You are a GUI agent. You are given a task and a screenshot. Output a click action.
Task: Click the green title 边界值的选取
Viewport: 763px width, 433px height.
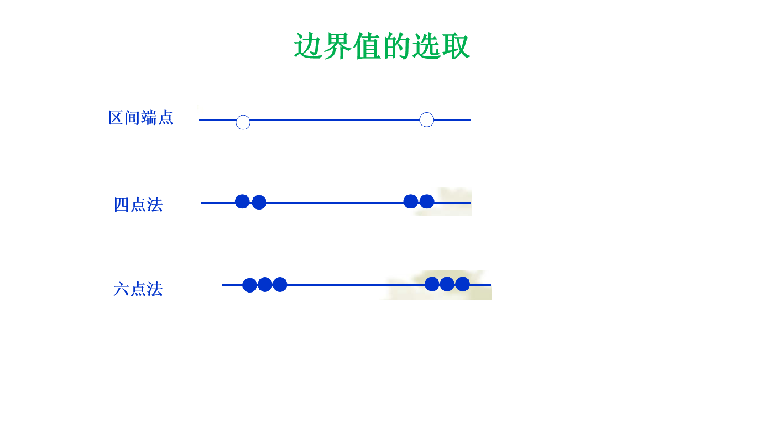tap(381, 46)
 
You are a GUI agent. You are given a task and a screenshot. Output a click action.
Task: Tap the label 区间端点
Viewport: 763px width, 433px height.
tap(141, 118)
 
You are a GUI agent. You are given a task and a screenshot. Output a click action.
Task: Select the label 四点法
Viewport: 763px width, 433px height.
tap(138, 205)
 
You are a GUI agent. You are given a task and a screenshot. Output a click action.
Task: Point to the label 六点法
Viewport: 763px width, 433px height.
tap(138, 289)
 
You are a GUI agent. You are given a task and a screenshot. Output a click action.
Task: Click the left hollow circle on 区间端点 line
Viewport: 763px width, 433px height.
tap(243, 122)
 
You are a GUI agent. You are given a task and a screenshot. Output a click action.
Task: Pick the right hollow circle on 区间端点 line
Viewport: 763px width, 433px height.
tap(426, 119)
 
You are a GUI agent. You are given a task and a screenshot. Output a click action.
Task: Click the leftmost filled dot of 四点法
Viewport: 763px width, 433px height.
tap(242, 201)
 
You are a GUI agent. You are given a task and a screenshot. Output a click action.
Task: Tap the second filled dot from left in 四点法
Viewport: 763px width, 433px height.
tap(259, 202)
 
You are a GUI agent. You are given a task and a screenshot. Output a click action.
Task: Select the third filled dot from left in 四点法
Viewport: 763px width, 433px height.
tap(410, 201)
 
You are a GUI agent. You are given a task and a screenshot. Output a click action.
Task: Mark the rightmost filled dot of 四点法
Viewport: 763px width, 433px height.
tap(426, 201)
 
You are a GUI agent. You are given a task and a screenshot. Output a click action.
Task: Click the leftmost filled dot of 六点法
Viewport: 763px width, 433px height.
tap(249, 285)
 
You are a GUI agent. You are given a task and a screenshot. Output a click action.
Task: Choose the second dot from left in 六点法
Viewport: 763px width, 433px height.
tap(265, 284)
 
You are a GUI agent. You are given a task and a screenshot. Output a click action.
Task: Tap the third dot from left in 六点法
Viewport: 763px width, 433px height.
tap(280, 284)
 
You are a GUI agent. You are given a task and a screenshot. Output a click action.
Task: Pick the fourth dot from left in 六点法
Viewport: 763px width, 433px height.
tap(432, 284)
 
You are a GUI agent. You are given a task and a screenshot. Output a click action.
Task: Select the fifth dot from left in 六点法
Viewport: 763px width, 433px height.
tap(447, 284)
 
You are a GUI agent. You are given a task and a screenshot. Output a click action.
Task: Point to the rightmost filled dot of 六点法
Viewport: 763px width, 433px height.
tap(462, 284)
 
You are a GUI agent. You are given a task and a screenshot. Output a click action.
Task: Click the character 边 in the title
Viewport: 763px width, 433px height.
tap(308, 46)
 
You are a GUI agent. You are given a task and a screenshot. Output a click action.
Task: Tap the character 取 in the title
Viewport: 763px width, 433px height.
tap(456, 46)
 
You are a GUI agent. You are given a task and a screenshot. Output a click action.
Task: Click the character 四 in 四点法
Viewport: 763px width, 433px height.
tap(121, 205)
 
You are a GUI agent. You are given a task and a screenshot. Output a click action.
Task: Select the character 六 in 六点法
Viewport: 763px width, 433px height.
tap(121, 289)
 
